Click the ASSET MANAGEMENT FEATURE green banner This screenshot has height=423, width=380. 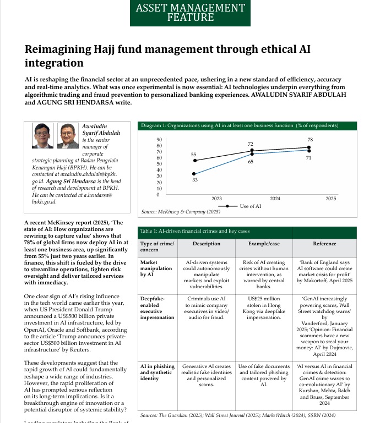click(190, 12)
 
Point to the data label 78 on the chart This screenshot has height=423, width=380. click(310, 140)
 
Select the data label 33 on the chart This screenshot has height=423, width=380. click(194, 180)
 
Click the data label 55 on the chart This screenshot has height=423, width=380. click(194, 155)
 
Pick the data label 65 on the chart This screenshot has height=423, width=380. click(251, 162)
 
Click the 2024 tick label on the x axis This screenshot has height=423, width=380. click(275, 198)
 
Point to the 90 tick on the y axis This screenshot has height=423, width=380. click(159, 140)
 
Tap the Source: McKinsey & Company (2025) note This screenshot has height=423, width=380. click(181, 212)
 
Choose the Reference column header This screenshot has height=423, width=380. click(324, 244)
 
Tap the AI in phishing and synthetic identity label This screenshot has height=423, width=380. click(157, 372)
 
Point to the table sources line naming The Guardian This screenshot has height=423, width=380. click(237, 415)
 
